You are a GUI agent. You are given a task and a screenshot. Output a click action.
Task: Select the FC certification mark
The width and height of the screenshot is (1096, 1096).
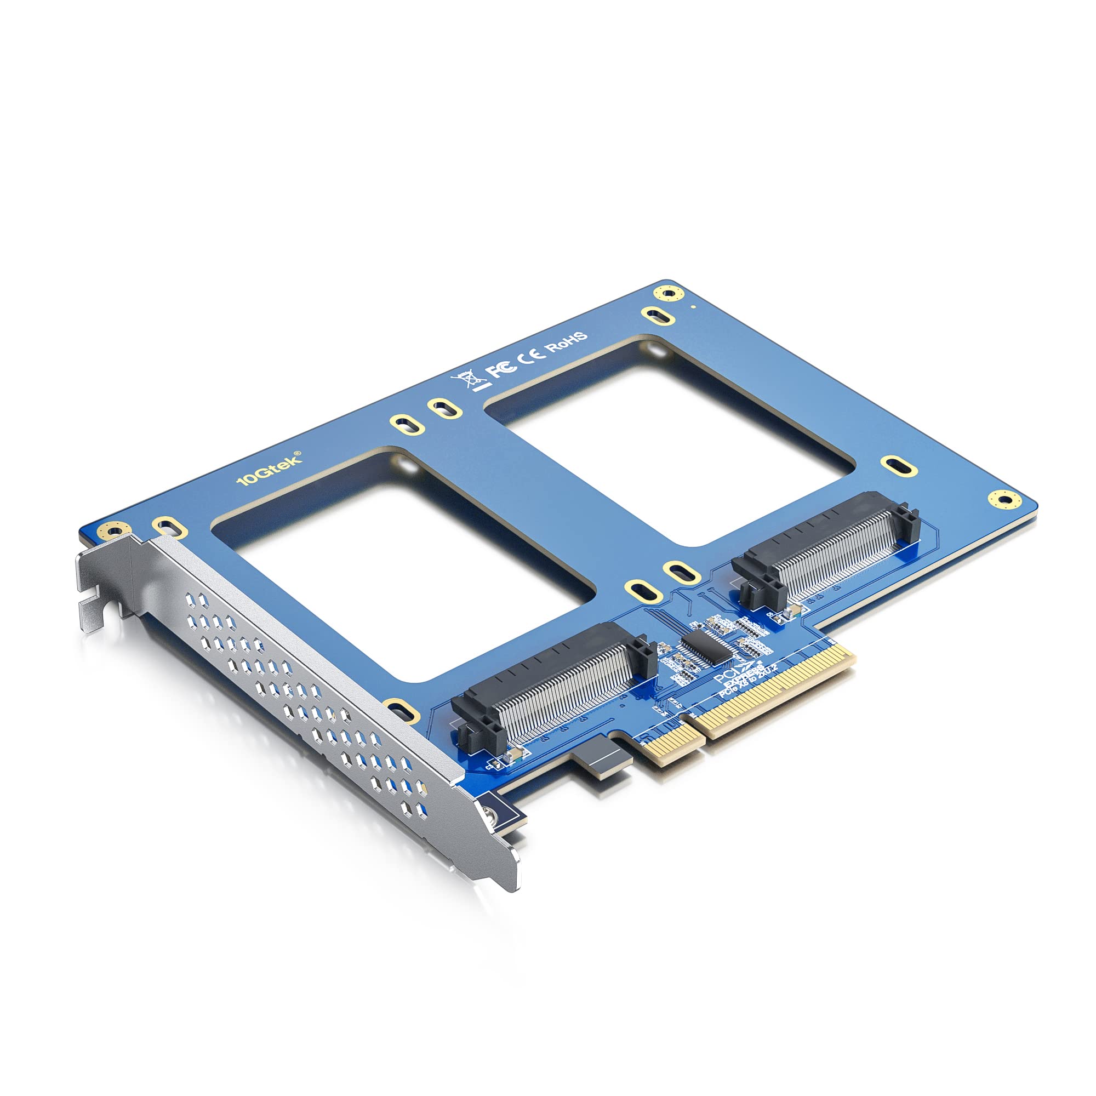(x=503, y=368)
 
